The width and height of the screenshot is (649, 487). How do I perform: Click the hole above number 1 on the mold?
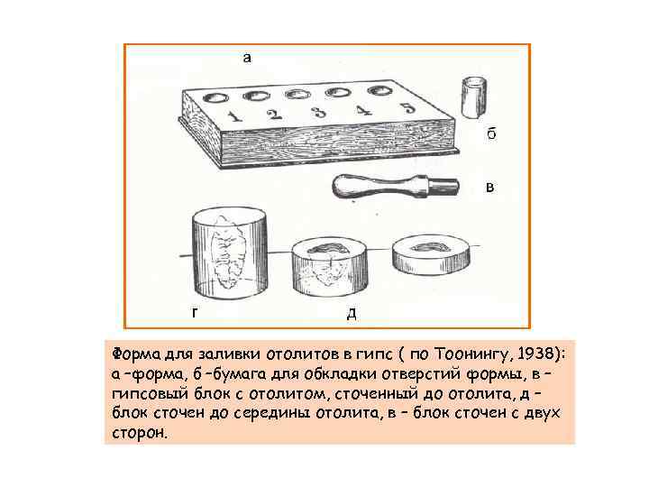[215, 97]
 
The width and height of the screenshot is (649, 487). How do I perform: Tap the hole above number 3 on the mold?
[298, 95]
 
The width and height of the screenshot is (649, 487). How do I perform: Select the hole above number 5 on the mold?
[379, 91]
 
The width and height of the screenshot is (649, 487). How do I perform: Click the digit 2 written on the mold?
[274, 114]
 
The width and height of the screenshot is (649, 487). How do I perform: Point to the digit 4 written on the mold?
[364, 110]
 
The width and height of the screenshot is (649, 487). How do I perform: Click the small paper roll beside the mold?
[473, 96]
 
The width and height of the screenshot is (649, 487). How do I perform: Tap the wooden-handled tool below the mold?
[396, 187]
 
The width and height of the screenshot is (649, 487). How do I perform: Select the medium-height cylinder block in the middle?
[330, 268]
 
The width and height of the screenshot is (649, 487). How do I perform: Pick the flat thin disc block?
[431, 256]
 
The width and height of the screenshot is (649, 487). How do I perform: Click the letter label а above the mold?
[247, 58]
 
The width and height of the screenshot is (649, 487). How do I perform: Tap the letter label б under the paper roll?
[491, 133]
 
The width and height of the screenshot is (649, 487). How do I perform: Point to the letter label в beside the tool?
[490, 188]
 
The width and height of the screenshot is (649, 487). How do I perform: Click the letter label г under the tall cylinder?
[195, 312]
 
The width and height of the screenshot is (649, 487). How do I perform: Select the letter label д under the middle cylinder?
[352, 314]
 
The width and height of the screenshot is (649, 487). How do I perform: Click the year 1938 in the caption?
[537, 354]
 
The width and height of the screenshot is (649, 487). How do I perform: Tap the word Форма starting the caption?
[137, 354]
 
